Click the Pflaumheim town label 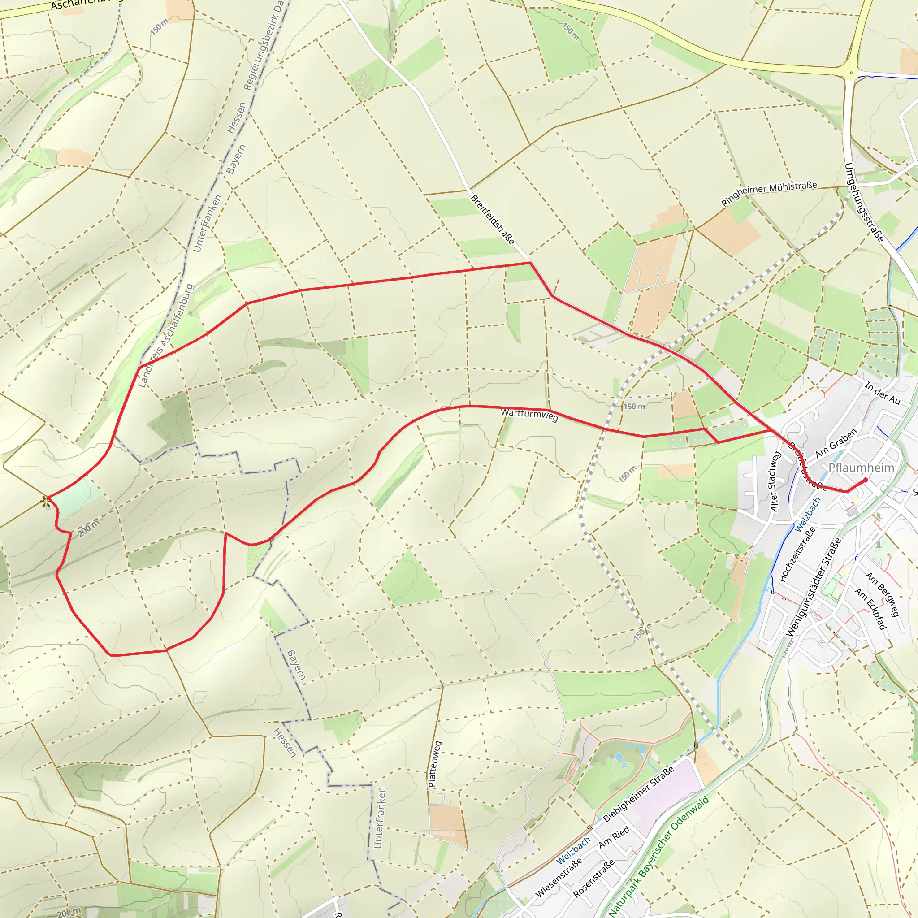[x=861, y=468]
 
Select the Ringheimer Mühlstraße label [x=769, y=193]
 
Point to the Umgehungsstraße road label [x=864, y=203]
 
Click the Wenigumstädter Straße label [x=814, y=587]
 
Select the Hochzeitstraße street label [x=797, y=554]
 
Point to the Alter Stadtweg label [x=775, y=481]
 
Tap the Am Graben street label [x=836, y=443]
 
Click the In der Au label [x=882, y=394]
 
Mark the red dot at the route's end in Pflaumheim [x=866, y=480]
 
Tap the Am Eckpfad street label [x=870, y=609]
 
